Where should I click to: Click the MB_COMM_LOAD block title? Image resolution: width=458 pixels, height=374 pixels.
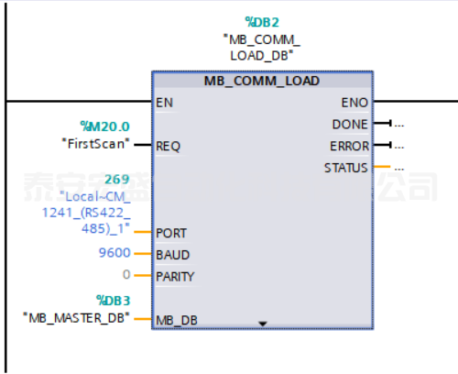click(262, 81)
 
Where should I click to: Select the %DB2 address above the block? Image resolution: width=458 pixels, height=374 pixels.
click(262, 22)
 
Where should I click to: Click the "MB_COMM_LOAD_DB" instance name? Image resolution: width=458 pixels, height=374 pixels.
click(262, 47)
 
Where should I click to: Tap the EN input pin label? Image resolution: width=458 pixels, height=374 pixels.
click(165, 103)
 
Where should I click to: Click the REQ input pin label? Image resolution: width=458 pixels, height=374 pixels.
click(169, 145)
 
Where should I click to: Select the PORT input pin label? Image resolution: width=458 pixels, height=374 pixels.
click(171, 233)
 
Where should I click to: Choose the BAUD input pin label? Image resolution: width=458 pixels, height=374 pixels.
click(171, 255)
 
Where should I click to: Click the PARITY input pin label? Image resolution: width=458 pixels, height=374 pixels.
click(175, 276)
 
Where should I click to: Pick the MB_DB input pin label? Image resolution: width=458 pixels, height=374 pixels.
click(175, 320)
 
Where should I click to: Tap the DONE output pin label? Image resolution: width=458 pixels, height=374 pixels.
click(351, 124)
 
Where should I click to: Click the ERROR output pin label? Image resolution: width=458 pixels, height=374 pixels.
click(349, 146)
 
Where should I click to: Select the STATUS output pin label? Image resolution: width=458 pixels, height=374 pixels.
click(345, 168)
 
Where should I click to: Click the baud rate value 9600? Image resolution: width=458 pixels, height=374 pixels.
click(114, 254)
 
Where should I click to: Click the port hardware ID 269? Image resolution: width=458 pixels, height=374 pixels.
click(117, 180)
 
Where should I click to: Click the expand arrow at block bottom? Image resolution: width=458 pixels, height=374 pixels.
click(263, 324)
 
